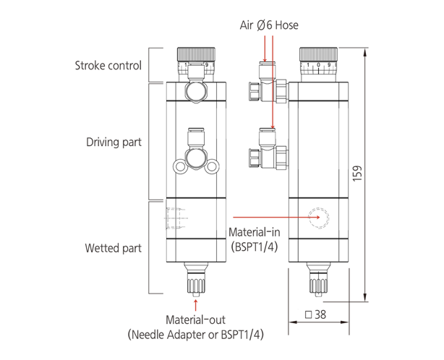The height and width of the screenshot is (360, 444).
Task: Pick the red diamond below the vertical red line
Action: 272,113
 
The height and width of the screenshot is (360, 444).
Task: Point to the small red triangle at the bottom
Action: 193,307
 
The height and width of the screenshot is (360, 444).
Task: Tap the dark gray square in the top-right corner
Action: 355,32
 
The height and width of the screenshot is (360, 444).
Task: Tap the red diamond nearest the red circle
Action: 304,216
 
